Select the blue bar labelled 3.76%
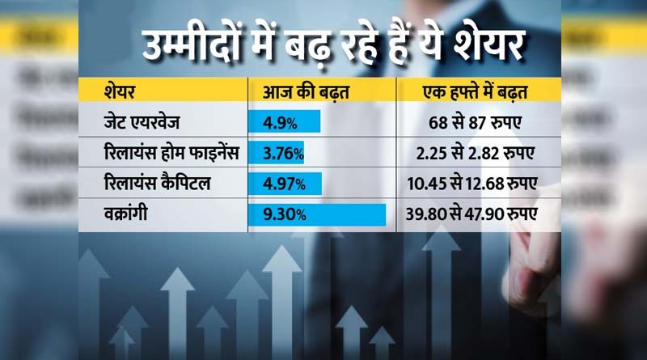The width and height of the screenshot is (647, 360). [x=281, y=153]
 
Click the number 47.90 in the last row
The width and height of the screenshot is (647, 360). [x=485, y=214]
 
